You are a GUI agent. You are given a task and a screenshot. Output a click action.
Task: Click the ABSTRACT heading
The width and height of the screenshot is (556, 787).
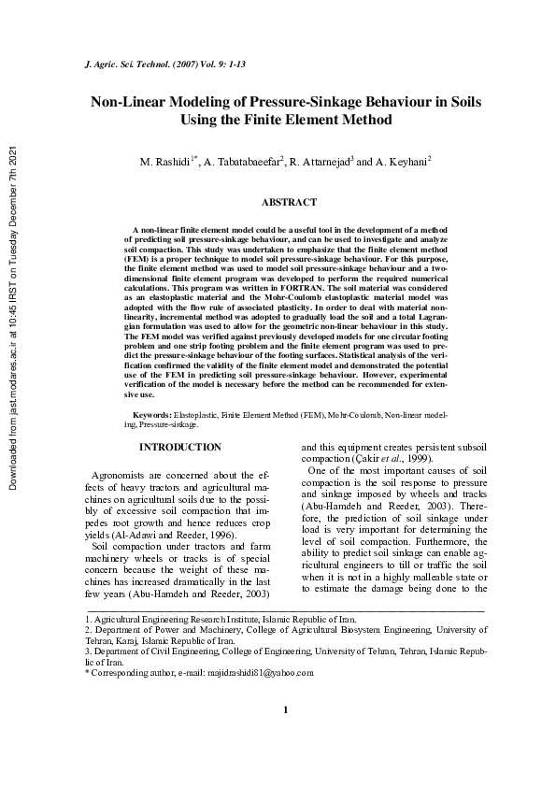click(288, 202)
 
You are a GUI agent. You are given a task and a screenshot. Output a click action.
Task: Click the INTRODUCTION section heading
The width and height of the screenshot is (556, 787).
click(179, 448)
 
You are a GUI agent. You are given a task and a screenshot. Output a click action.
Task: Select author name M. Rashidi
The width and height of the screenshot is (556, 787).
click(164, 163)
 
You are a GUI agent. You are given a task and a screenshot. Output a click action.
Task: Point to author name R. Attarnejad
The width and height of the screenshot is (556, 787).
click(318, 163)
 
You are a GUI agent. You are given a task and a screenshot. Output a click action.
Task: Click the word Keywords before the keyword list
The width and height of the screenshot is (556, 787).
click(151, 413)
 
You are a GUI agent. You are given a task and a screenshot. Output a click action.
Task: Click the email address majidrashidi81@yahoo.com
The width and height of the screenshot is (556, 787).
click(285, 672)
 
